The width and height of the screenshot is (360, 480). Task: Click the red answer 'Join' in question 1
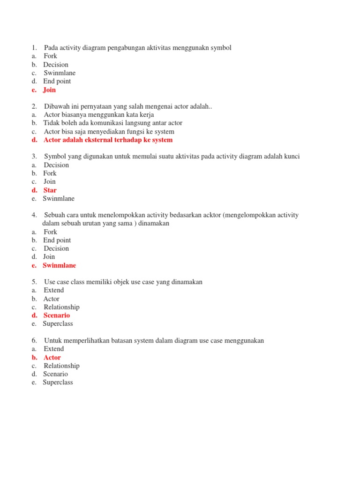pyautogui.click(x=49, y=90)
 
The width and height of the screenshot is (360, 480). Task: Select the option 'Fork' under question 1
pyautogui.click(x=50, y=56)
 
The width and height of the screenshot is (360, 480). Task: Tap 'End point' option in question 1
pyautogui.click(x=57, y=82)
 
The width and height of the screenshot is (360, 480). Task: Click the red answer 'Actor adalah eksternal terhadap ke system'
pyautogui.click(x=108, y=140)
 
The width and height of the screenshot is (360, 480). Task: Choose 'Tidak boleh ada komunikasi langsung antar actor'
pyautogui.click(x=113, y=123)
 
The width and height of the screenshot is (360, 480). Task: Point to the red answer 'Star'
pyautogui.click(x=50, y=190)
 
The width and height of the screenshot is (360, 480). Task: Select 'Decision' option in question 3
pyautogui.click(x=56, y=165)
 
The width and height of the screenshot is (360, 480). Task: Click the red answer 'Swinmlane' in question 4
pyautogui.click(x=59, y=265)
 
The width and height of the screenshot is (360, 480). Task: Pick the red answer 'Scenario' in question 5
pyautogui.click(x=57, y=315)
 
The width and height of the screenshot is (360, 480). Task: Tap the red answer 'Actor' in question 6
pyautogui.click(x=52, y=358)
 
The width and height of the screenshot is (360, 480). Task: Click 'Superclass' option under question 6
pyautogui.click(x=58, y=382)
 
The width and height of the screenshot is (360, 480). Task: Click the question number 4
pyautogui.click(x=34, y=215)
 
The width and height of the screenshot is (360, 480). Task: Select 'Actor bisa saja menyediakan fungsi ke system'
pyautogui.click(x=109, y=132)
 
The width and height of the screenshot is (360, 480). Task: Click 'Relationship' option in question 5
pyautogui.click(x=61, y=307)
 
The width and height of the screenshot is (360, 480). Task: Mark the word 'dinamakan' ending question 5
pyautogui.click(x=187, y=282)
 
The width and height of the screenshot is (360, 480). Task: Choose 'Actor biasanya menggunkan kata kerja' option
pyautogui.click(x=99, y=115)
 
